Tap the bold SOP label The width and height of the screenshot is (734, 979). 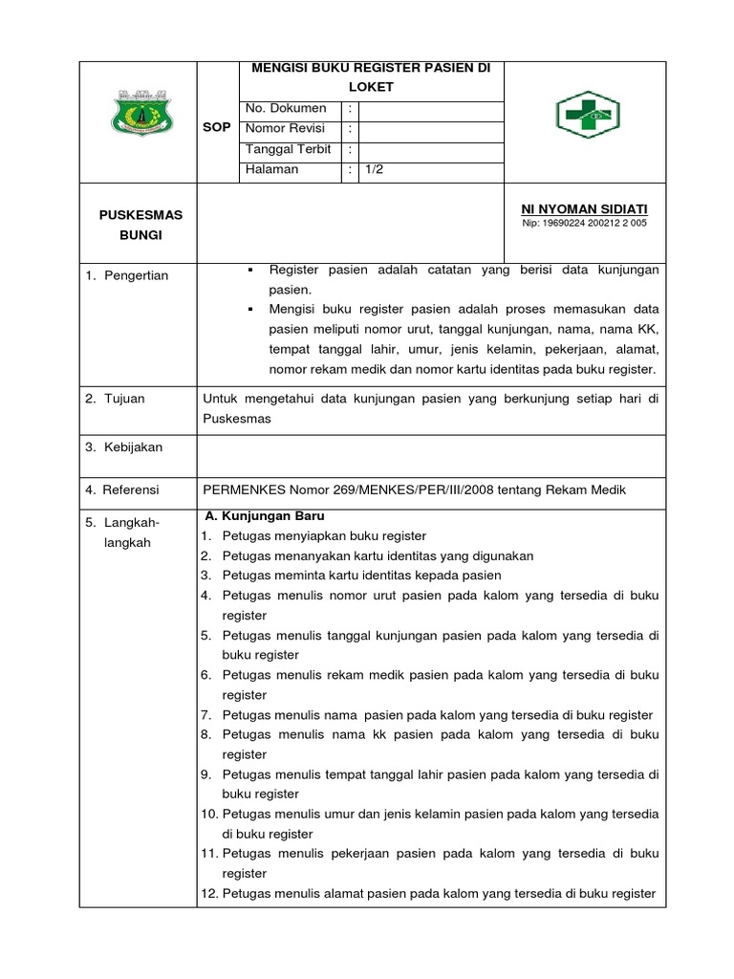[217, 128]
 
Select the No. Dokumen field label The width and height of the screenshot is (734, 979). [286, 109]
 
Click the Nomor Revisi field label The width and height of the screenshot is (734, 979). [286, 129]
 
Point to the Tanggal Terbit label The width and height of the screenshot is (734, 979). [289, 149]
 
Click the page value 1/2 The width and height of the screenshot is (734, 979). [372, 169]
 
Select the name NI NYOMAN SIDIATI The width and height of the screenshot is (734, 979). [584, 207]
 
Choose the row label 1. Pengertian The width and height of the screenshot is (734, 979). [126, 275]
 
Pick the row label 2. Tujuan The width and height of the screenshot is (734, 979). [115, 399]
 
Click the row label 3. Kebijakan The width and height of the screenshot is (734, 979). [123, 447]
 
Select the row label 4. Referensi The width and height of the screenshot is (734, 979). [122, 489]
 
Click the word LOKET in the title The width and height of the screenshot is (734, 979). [371, 87]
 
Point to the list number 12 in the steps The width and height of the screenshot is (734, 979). [209, 894]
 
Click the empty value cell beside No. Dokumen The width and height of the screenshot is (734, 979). [430, 109]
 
